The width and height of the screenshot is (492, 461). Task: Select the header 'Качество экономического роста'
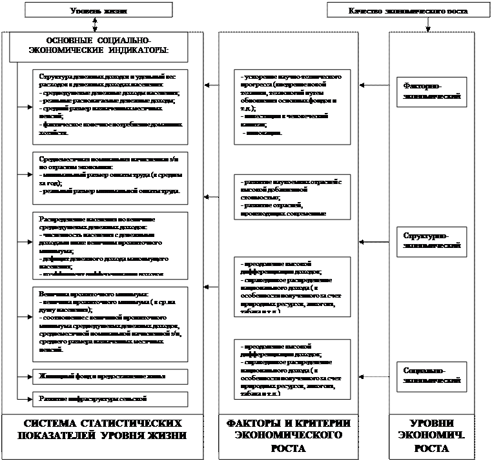(407, 10)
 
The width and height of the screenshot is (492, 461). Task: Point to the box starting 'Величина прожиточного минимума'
(110, 324)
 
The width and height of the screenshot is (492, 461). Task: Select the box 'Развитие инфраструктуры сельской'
(110, 398)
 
